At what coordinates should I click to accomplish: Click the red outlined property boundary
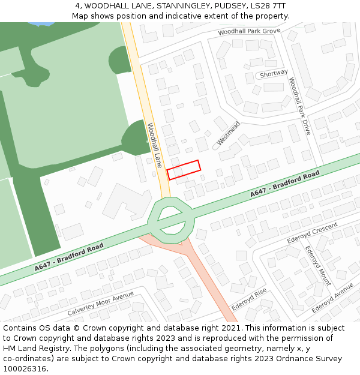tap(183, 170)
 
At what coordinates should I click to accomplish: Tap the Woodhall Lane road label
tap(155, 146)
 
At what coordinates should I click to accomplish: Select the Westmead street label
tap(228, 133)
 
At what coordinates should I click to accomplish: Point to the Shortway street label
tap(274, 74)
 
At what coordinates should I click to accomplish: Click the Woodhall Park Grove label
tap(249, 31)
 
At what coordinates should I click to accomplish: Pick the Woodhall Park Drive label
tap(299, 106)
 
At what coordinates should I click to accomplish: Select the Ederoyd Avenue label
tap(332, 298)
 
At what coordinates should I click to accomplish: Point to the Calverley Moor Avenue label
tap(100, 304)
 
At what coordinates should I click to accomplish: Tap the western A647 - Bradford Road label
tap(69, 257)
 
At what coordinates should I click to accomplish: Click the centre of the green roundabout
tap(171, 219)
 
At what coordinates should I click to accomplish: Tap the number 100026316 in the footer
tap(25, 369)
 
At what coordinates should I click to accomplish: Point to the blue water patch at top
tap(40, 24)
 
